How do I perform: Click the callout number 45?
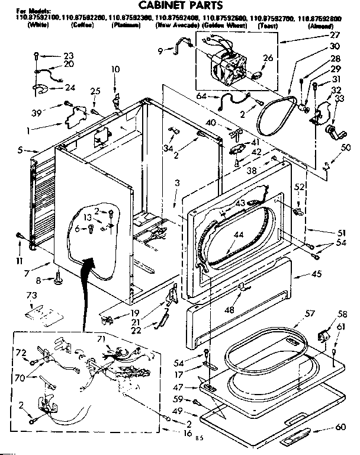click(x=317, y=274)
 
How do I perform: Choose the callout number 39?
click(x=37, y=113)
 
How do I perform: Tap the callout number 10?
click(x=115, y=70)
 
